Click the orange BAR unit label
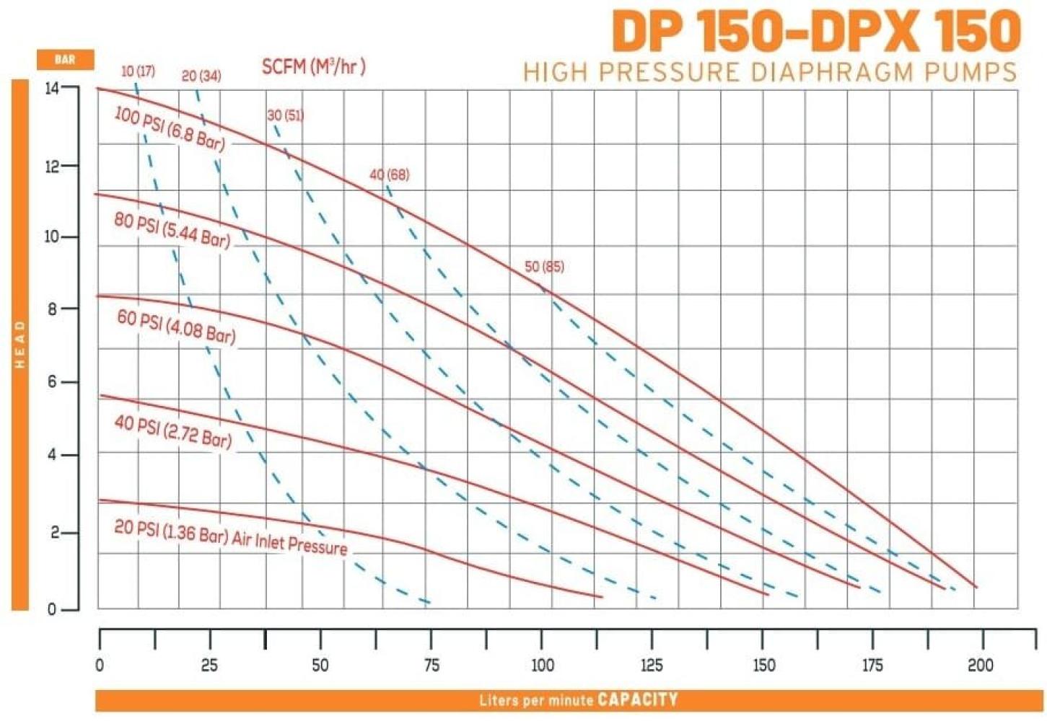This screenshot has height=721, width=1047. [65, 60]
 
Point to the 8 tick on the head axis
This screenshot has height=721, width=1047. [53, 309]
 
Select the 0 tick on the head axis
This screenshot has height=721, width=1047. [52, 610]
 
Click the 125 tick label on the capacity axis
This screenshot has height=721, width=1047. [652, 665]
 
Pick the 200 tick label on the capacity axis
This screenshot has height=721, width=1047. [981, 665]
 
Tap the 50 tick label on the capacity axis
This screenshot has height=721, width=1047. [320, 665]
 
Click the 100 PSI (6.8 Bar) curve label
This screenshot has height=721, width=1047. [170, 129]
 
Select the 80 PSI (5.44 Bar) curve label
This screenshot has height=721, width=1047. [172, 230]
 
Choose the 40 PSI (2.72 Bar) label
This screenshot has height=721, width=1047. [173, 432]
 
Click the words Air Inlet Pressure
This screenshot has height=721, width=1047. [290, 544]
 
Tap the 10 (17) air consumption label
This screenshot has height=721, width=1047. [138, 72]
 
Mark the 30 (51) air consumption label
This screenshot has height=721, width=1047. [286, 115]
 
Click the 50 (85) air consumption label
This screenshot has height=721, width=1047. [545, 267]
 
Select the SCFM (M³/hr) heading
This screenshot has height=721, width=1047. [314, 67]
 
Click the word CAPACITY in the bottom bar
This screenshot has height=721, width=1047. [638, 699]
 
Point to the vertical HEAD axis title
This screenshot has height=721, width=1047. [20, 345]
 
